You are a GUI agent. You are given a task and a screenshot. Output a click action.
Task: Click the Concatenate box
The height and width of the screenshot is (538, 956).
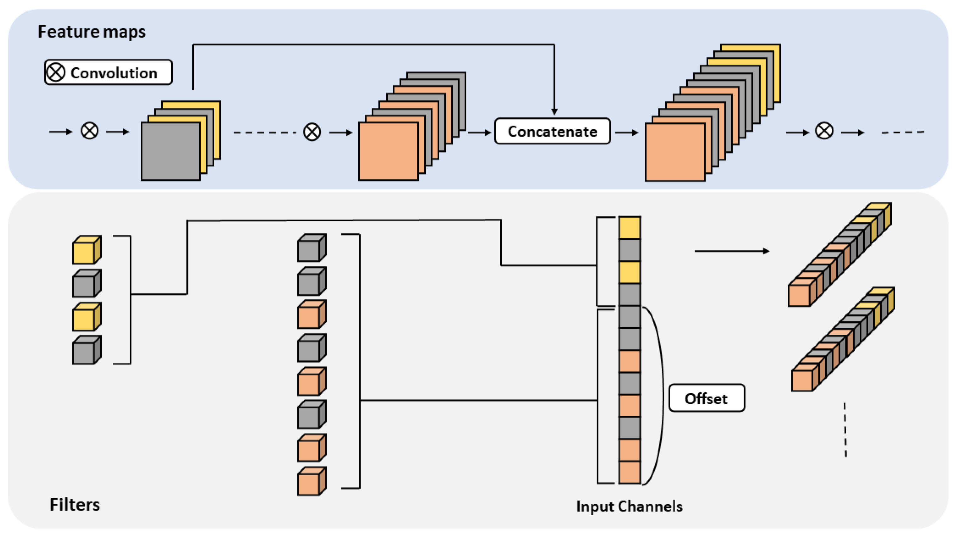[x=552, y=132]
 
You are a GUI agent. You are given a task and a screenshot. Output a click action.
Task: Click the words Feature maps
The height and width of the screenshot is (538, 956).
[x=92, y=32]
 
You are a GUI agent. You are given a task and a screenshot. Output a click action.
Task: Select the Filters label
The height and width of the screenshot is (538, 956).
[x=75, y=505]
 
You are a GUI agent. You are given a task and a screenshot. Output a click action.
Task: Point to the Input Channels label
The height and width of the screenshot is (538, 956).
[x=629, y=507]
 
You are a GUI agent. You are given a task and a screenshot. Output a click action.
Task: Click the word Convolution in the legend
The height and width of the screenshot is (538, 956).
[x=114, y=73]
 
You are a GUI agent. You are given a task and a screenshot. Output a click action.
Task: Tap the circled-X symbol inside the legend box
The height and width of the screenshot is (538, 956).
[x=56, y=72]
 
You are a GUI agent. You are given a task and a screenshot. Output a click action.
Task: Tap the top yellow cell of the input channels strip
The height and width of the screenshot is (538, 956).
[x=629, y=228]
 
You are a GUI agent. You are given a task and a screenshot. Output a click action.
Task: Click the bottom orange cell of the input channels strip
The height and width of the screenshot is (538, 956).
[x=629, y=472]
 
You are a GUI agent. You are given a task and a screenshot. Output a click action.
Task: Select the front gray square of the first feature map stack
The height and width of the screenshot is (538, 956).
[x=170, y=151]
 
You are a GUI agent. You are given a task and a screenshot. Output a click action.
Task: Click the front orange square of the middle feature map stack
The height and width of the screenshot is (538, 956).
[x=388, y=151]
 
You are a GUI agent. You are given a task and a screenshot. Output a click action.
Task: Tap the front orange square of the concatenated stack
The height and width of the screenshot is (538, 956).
[x=675, y=152]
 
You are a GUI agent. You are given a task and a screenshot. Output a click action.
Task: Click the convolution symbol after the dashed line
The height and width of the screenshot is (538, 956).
[x=312, y=132]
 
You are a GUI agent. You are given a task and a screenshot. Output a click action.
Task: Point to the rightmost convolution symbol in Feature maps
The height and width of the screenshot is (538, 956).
[x=824, y=131]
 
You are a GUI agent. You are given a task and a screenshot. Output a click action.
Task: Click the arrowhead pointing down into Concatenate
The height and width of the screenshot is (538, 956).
[x=554, y=111]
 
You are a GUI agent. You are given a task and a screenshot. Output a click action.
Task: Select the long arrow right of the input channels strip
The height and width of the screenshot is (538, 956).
[x=731, y=251]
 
